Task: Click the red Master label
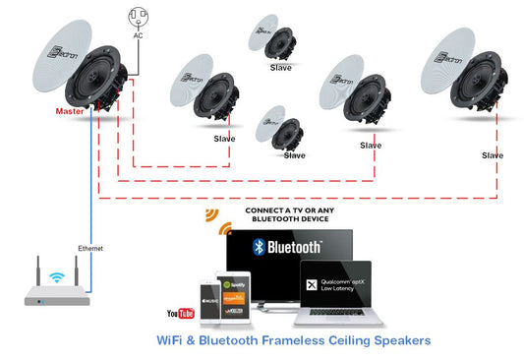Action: coord(70,110)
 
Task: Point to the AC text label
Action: coord(138,35)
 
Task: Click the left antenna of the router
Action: coord(39,271)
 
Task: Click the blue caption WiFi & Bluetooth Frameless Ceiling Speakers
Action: coord(293,341)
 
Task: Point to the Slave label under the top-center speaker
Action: coord(281,68)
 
